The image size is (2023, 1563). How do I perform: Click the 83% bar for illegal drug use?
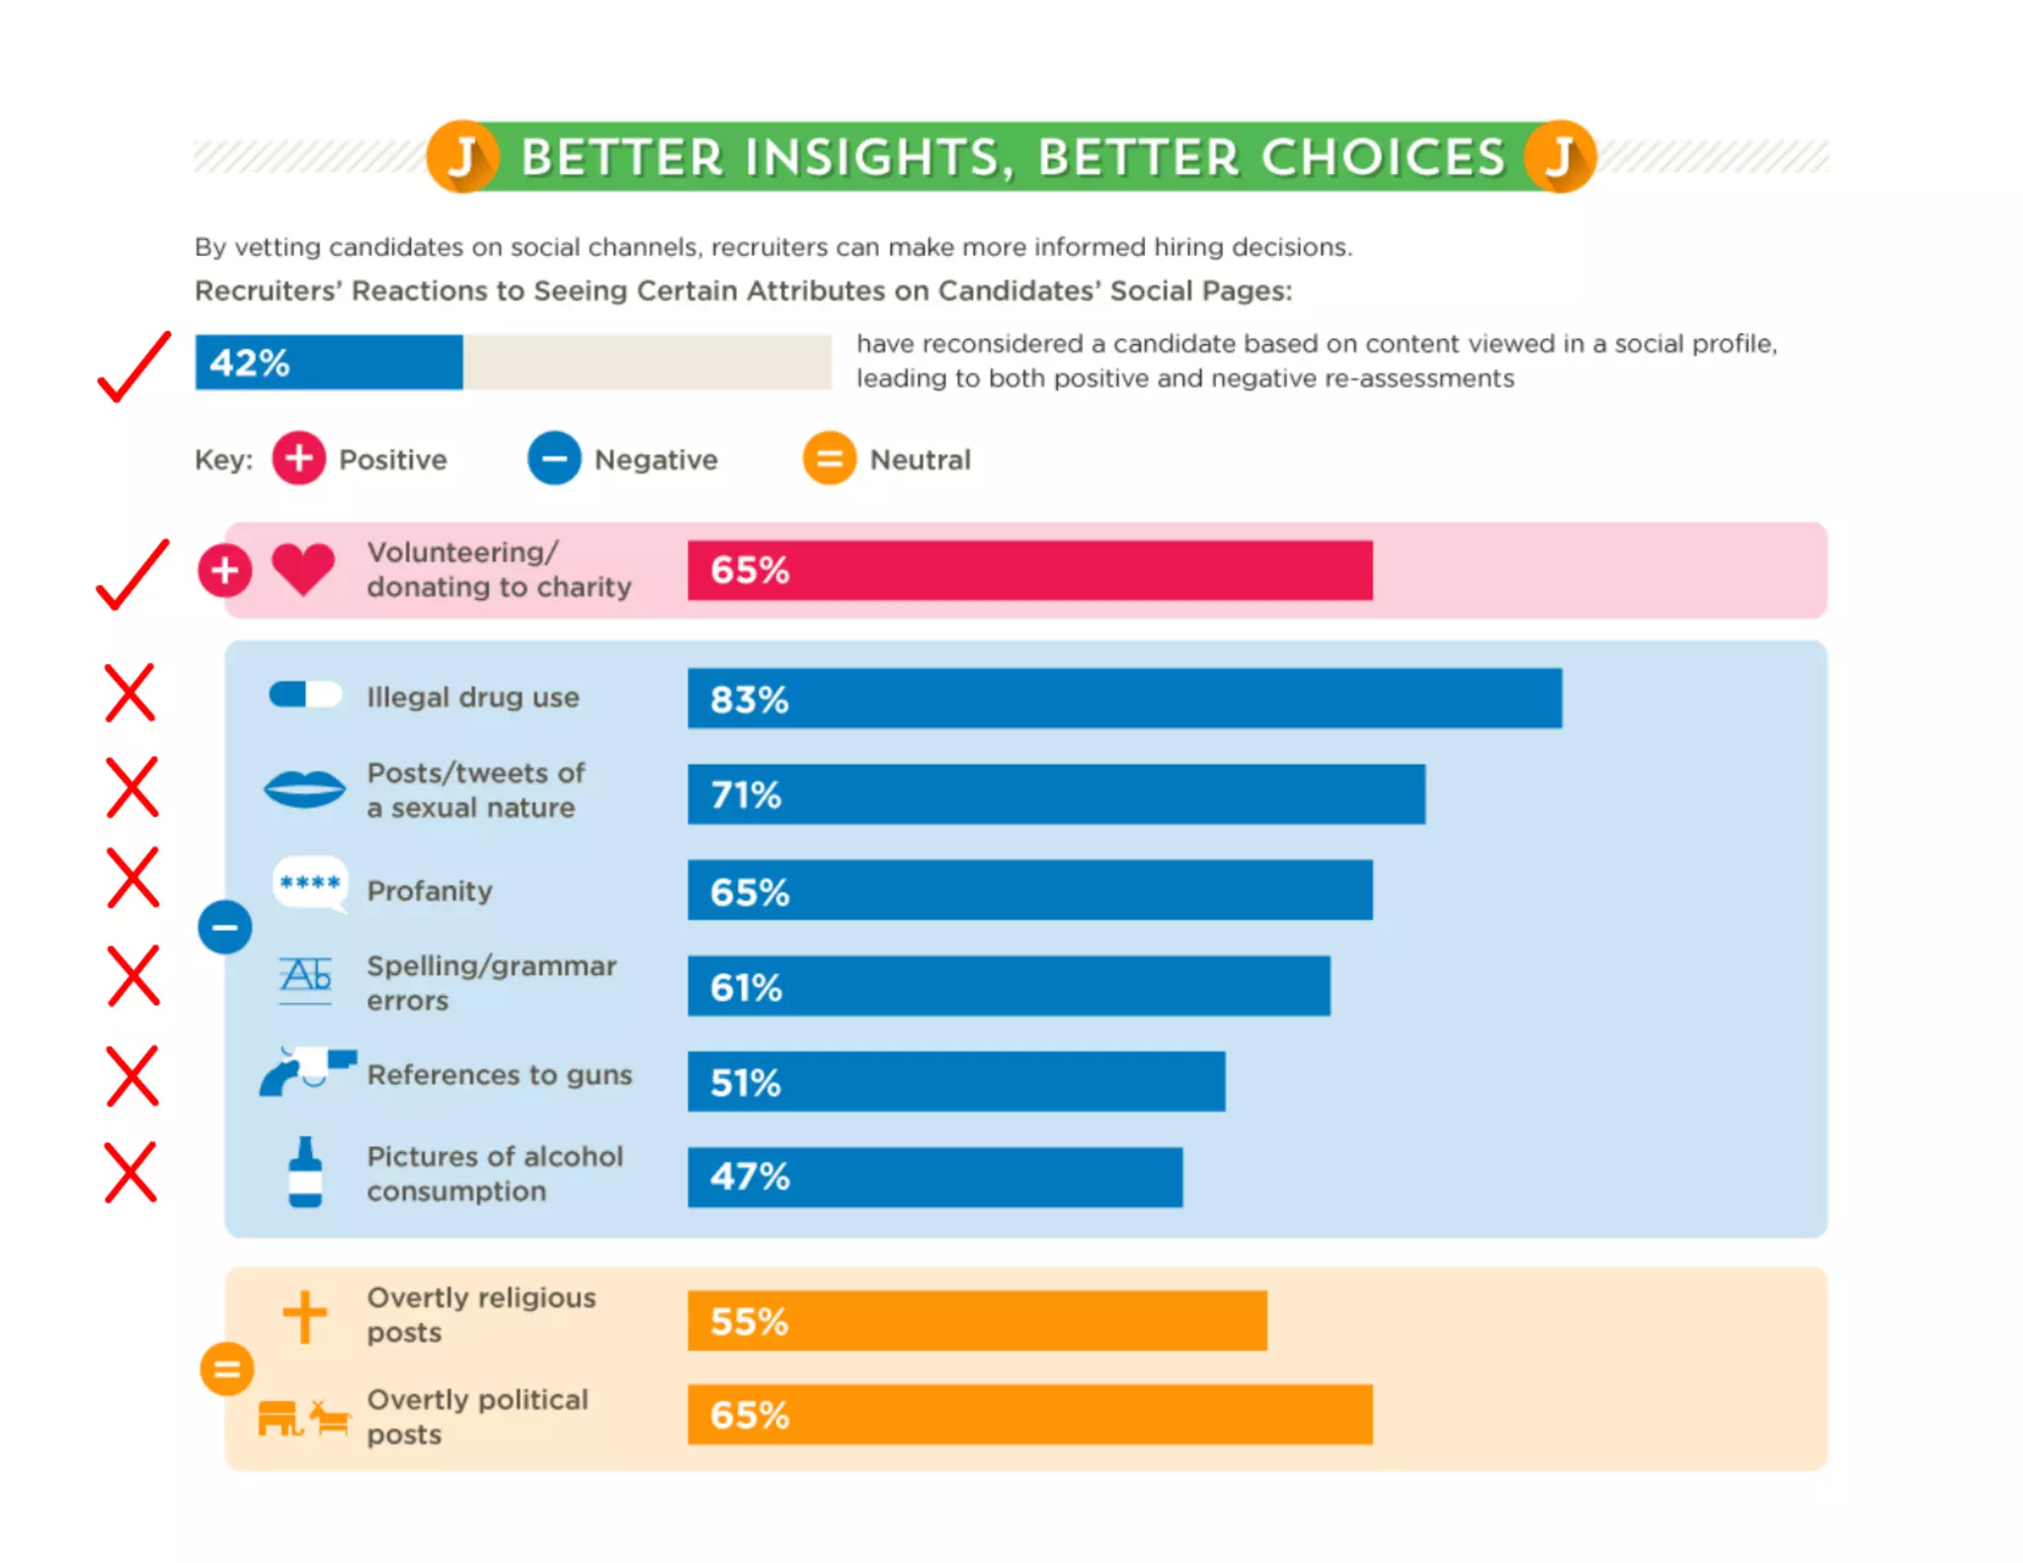coord(1124,699)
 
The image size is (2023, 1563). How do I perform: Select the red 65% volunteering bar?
coord(1029,570)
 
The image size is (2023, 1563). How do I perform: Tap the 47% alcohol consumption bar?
coord(934,1177)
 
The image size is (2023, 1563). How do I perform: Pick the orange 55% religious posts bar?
coord(977,1320)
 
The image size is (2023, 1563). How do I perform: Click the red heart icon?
coord(303,569)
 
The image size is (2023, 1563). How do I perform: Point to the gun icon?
coord(306,1072)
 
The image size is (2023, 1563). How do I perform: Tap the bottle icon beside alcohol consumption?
coord(305,1173)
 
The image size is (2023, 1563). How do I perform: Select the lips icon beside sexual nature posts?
coord(305,788)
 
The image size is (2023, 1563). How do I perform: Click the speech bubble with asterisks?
coord(310,882)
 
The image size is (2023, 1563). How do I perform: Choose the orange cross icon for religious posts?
coord(304,1316)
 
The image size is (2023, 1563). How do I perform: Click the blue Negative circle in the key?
coord(554,458)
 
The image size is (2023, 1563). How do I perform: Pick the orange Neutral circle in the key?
coord(829,458)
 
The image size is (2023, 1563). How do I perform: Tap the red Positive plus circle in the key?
coord(299,458)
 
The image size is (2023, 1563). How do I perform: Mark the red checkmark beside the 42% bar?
coord(134,368)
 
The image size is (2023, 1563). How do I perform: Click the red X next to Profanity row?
coord(132,877)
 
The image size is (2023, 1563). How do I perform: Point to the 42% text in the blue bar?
coord(250,363)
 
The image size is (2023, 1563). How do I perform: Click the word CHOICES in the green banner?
coord(1383,157)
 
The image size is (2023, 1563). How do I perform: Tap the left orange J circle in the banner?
coord(462,157)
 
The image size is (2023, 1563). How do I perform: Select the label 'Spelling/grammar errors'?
coord(491,983)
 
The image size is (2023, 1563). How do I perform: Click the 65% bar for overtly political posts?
coord(1029,1415)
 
